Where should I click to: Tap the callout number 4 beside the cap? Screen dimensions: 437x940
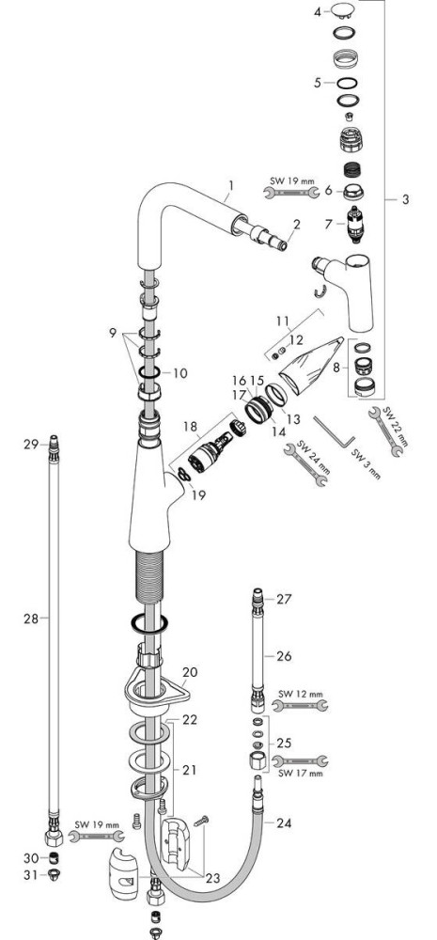coord(318,10)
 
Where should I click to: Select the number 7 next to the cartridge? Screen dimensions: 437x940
coord(328,225)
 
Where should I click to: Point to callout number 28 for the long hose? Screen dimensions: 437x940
coord(31,619)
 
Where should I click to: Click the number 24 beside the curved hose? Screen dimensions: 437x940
coord(284,823)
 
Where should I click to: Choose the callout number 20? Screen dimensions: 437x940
coord(190,672)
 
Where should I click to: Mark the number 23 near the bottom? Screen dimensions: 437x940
coord(212,878)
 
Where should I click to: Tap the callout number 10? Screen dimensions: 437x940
coord(179,373)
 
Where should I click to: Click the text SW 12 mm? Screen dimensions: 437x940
coord(301,695)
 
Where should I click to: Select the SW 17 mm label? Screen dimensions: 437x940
coord(301,774)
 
